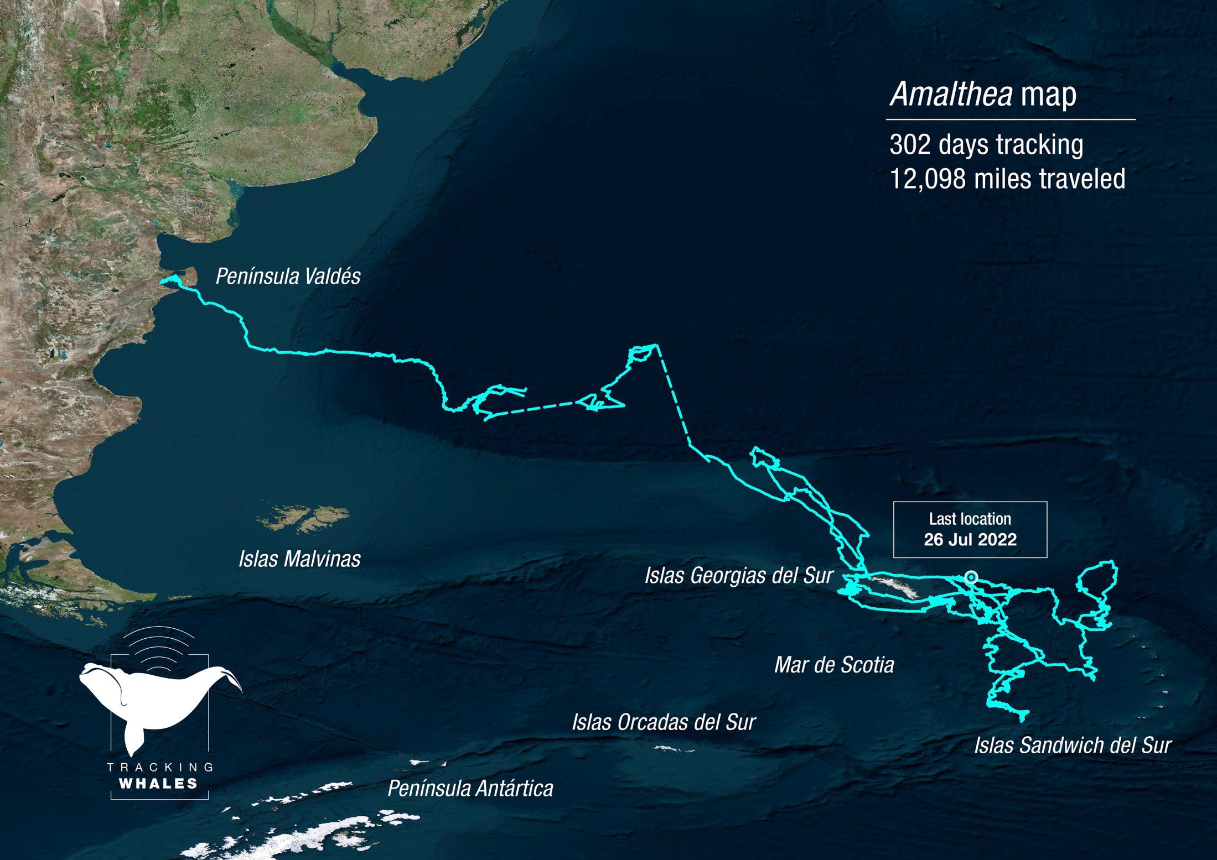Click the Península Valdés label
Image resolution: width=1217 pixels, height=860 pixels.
288,277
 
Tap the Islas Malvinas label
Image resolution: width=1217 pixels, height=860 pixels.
299,559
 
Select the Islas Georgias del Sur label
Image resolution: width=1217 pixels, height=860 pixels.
738,576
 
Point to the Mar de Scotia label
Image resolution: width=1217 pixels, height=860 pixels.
834,665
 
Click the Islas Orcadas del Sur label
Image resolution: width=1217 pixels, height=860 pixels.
664,722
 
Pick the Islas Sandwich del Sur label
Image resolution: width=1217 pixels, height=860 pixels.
1073,746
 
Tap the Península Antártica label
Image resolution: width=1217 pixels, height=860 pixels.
470,789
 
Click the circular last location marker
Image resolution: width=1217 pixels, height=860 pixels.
971,577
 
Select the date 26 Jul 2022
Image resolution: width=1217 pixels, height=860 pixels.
970,540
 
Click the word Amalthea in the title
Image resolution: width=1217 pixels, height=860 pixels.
951,95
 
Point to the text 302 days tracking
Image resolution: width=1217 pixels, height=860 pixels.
986,145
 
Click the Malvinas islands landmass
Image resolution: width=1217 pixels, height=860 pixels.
302,517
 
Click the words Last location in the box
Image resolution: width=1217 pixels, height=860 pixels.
970,519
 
